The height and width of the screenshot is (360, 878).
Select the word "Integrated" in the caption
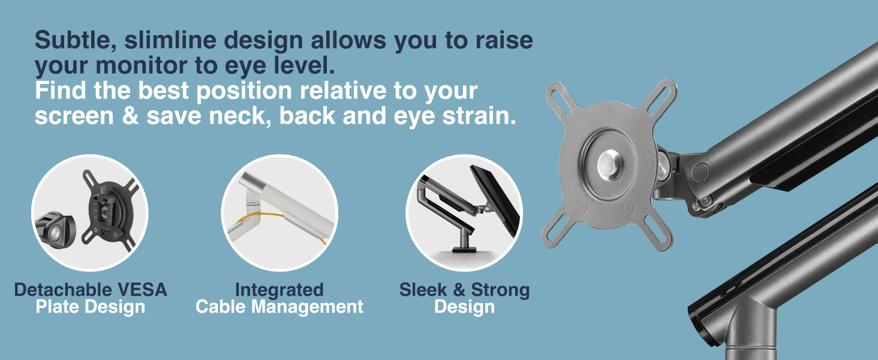pyautogui.click(x=279, y=290)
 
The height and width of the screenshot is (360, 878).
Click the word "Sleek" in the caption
pyautogui.click(x=423, y=290)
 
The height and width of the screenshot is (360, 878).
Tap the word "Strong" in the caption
pyautogui.click(x=500, y=290)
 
